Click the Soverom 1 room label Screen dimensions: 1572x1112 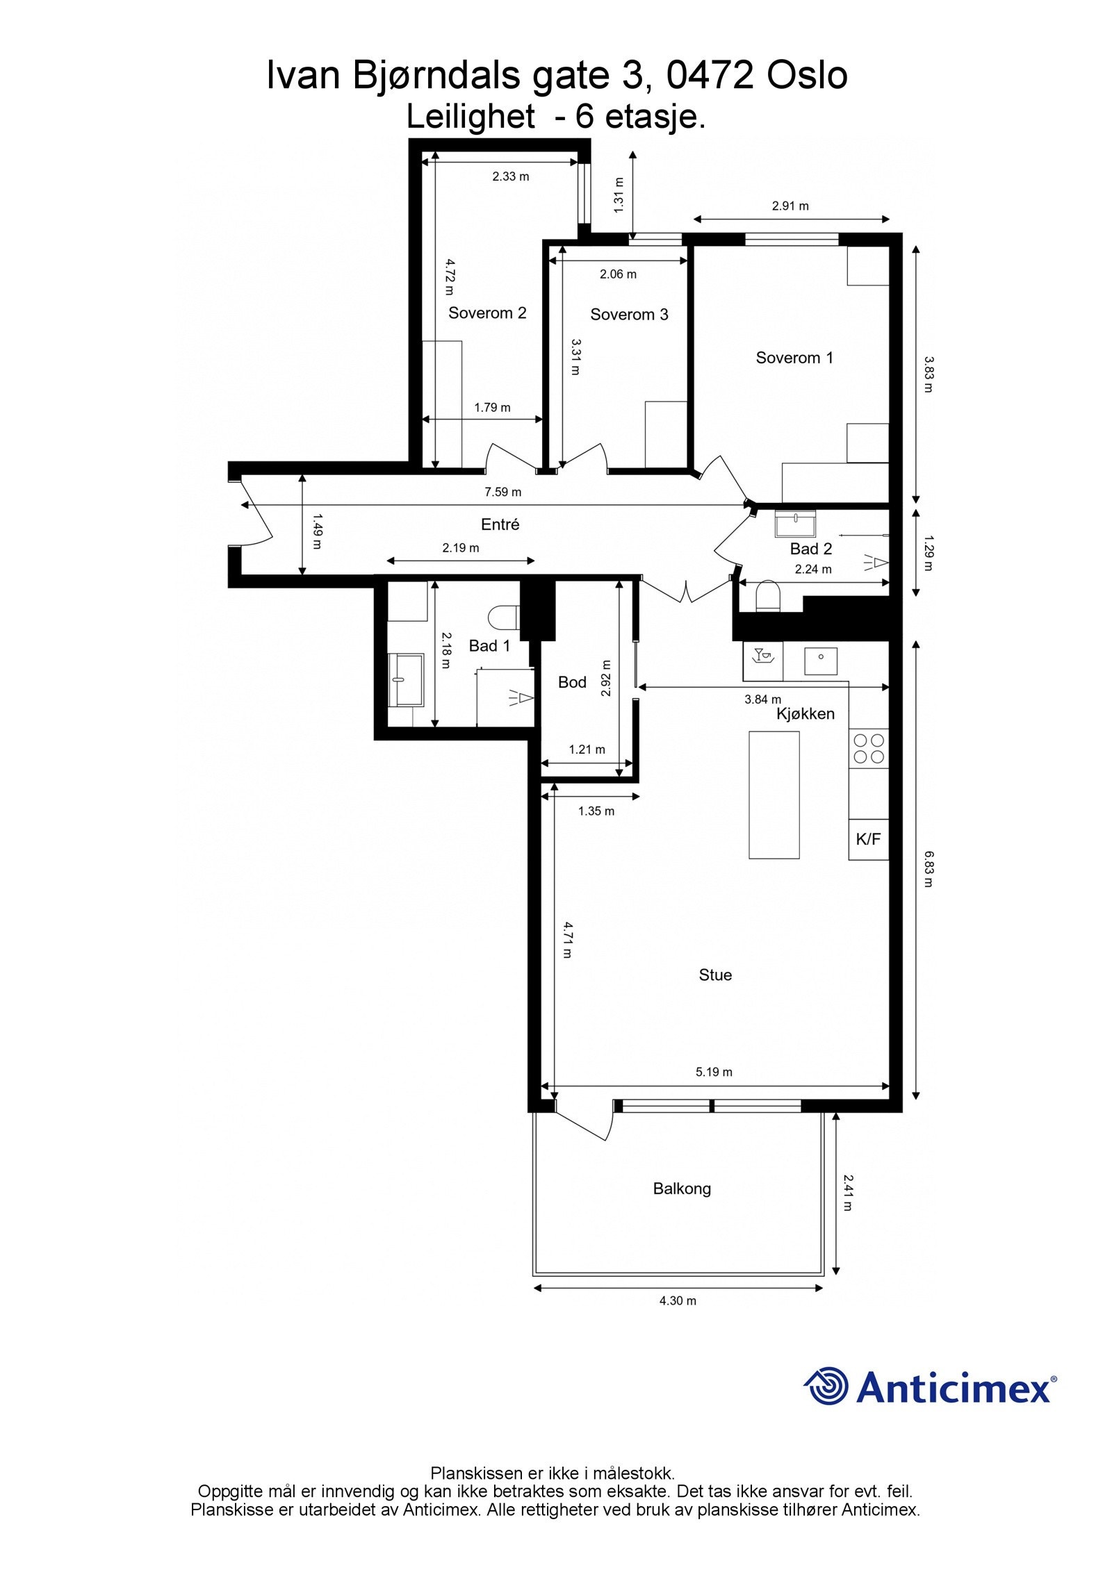(x=794, y=358)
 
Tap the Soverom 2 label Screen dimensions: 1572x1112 (x=486, y=313)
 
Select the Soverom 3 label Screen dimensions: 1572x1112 (x=628, y=315)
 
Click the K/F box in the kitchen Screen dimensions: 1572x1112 (x=867, y=839)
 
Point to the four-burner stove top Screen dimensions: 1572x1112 (x=868, y=748)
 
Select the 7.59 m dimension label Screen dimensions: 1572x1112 (x=502, y=492)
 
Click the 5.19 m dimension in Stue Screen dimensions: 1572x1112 (x=714, y=1072)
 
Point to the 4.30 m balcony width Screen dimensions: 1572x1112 (x=677, y=1300)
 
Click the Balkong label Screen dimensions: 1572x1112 (x=681, y=1189)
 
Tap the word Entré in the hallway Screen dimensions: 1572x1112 (x=500, y=524)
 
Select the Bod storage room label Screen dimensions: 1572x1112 (x=572, y=682)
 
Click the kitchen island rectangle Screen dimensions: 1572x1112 (x=773, y=795)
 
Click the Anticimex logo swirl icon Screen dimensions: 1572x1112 (x=827, y=1387)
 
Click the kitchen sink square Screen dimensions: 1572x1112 (x=821, y=661)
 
